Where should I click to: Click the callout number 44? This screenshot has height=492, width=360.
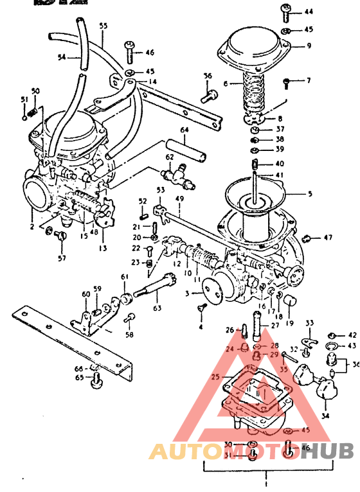click(x=309, y=12)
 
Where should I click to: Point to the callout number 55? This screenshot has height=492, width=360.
click(x=104, y=27)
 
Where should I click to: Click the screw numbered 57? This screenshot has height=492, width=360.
click(x=62, y=238)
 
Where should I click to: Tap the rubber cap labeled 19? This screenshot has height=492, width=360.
click(x=287, y=299)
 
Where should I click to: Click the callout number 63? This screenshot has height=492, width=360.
click(x=157, y=308)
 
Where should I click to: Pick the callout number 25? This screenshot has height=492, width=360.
click(x=214, y=376)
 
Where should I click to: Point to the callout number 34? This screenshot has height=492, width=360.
click(x=325, y=416)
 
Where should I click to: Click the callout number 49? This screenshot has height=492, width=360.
click(x=181, y=199)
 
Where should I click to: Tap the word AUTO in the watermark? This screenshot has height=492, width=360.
click(x=179, y=451)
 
